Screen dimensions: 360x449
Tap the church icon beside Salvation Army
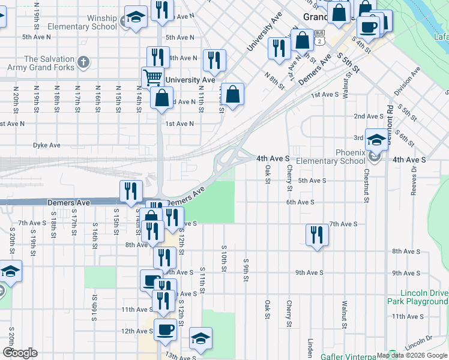83,61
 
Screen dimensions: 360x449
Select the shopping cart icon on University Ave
152,77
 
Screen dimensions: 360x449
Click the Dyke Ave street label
47,145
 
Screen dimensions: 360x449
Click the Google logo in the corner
20,353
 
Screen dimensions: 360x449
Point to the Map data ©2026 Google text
411,355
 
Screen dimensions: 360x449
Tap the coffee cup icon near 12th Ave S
165,328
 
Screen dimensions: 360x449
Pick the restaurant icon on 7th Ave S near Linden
316,234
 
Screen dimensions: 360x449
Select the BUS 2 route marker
320,37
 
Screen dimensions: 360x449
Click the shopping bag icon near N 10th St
232,94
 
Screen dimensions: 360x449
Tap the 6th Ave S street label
301,203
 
